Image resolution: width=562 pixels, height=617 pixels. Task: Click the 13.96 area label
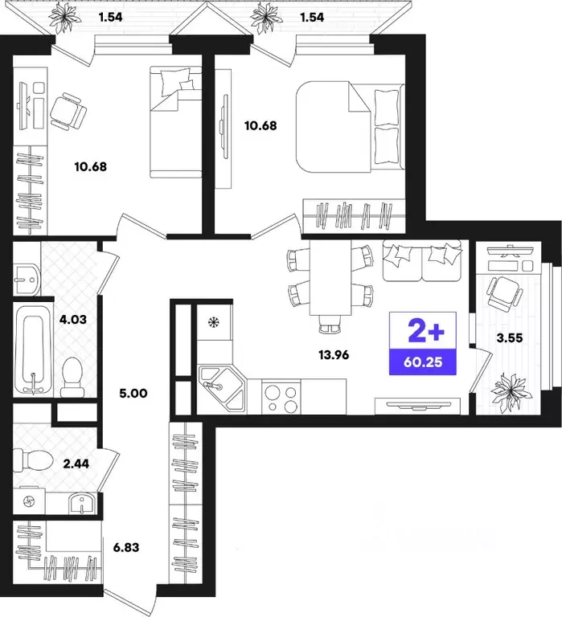pos(334,355)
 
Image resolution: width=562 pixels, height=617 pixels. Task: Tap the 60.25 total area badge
pos(423,362)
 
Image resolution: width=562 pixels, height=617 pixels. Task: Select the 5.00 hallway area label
pos(133,393)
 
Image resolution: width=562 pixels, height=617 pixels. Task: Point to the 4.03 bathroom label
pos(72,319)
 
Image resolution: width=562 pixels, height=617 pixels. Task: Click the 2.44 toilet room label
pos(76,464)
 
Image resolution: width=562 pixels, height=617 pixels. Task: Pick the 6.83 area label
pos(126,547)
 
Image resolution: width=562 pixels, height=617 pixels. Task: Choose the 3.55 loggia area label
pos(510,338)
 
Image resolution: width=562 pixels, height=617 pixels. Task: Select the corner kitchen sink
pos(222,387)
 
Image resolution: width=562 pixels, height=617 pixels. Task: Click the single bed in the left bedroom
pos(175,122)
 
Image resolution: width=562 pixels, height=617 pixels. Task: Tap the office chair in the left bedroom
pos(68,112)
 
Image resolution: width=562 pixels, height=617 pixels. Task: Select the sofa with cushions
pos(422,260)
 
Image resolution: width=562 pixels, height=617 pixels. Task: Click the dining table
pos(330,277)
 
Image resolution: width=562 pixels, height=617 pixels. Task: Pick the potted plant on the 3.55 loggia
pos(510,390)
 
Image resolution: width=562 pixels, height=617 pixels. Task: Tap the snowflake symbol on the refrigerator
pos(213,323)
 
